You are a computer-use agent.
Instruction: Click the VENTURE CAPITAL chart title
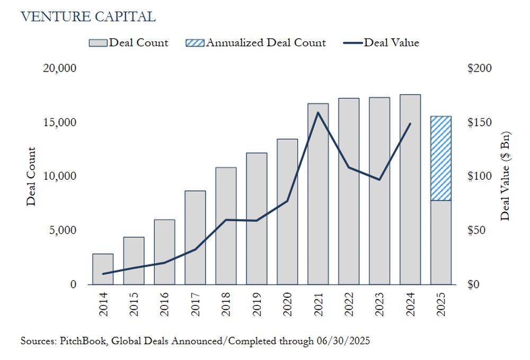point(88,17)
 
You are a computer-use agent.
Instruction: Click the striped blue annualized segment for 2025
point(441,158)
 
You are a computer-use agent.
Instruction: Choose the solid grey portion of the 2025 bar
point(441,242)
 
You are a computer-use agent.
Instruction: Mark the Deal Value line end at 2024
point(410,124)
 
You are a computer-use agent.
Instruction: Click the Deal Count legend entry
point(129,43)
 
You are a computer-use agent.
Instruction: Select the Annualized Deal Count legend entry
point(257,43)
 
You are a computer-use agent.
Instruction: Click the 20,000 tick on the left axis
point(59,68)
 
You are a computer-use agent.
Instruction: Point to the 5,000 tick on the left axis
point(63,231)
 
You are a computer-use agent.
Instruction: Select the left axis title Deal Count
point(31,176)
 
